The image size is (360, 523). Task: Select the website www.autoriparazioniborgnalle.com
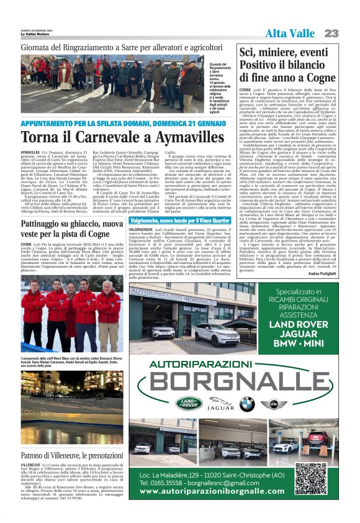pos(215,491)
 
